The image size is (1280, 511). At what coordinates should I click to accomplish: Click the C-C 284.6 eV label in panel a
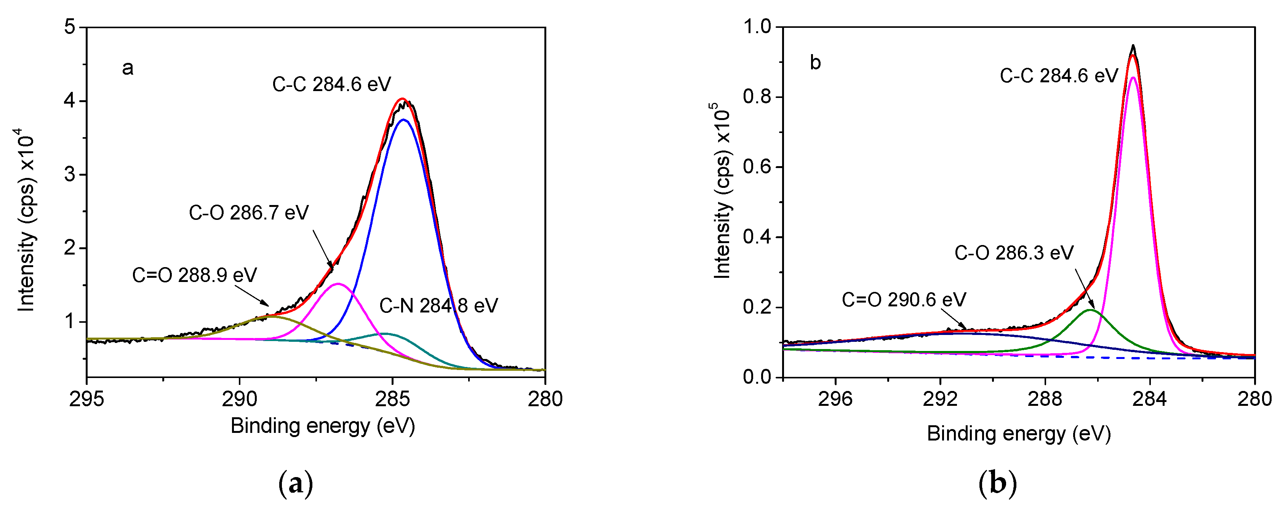coord(331,85)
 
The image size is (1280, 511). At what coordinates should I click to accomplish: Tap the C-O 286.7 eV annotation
coord(248,213)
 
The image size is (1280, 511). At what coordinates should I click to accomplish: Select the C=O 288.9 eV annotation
coord(194,275)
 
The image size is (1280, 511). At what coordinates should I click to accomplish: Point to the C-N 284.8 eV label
coord(438,306)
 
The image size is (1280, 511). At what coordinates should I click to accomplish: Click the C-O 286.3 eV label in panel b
coord(1014,253)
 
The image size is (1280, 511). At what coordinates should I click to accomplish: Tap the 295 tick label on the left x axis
coord(86,399)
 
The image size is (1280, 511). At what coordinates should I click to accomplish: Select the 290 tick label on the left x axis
coord(240,399)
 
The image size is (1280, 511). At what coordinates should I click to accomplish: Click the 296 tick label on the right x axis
coord(835,399)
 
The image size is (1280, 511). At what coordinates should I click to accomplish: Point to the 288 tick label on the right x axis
coord(1045,399)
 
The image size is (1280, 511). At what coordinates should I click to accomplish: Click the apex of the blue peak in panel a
coord(403,119)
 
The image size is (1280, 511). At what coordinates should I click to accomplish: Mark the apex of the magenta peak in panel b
coord(1133,77)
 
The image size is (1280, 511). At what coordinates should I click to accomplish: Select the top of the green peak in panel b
coord(1089,310)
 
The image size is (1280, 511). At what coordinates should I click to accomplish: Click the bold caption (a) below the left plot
coord(296,483)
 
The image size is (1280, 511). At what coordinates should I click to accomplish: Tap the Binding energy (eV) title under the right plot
coord(1019,434)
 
